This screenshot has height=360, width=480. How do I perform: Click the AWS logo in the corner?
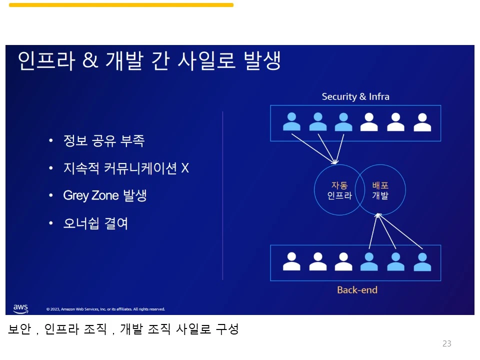pos(20,308)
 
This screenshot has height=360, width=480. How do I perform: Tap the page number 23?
pos(446,343)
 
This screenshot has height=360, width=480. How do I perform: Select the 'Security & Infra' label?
pos(355,96)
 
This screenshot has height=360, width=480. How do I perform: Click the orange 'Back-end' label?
pos(357,290)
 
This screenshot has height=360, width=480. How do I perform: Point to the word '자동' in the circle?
pos(339,185)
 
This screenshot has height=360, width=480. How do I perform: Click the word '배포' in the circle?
pos(380,185)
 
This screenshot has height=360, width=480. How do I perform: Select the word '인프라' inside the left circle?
pos(339,195)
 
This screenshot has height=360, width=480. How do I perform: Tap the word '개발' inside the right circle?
pos(380,195)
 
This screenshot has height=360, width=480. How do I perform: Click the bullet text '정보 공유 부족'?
pos(103,141)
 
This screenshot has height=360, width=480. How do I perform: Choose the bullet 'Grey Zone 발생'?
pos(104,195)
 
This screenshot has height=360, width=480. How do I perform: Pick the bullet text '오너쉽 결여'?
pos(95,223)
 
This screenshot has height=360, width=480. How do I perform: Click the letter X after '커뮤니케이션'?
pos(185,168)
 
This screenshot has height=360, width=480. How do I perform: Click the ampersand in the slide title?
pos(90,61)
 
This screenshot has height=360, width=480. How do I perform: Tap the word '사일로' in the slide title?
pos(203,61)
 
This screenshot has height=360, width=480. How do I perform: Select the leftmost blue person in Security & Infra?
pos(292,121)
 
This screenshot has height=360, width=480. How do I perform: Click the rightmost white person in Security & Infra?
pos(422,121)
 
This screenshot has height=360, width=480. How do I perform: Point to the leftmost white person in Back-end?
pos(292,261)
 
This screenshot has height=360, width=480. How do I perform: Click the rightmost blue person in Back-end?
pos(422,261)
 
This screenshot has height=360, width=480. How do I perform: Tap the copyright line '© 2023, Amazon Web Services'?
pos(105,309)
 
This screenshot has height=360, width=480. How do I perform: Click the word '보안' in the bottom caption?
pos(19,329)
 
